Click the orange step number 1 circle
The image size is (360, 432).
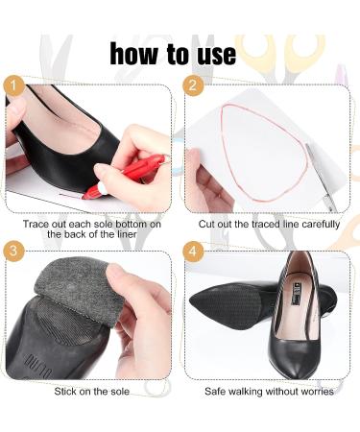tap(14, 86)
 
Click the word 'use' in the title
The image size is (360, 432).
tap(214, 54)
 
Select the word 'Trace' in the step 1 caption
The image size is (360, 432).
tap(38, 223)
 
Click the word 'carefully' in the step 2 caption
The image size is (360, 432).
tap(312, 223)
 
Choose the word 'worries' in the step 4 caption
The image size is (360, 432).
tap(313, 392)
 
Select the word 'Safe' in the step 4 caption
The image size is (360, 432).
tap(219, 392)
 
